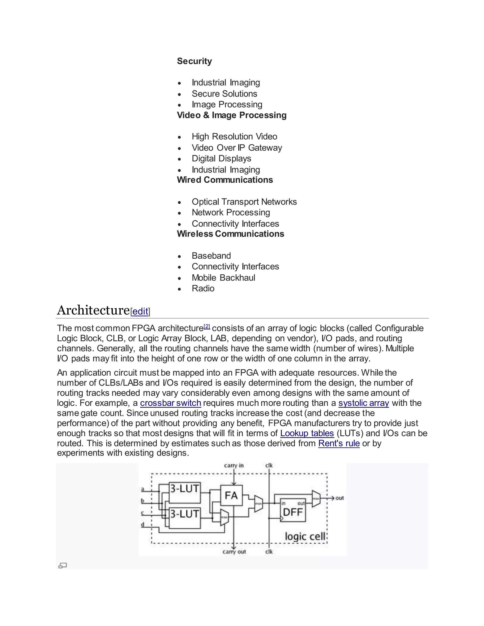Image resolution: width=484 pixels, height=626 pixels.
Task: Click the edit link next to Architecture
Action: click(140, 311)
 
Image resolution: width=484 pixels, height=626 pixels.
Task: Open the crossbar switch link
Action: click(170, 403)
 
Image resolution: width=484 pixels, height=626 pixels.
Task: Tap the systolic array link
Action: click(363, 403)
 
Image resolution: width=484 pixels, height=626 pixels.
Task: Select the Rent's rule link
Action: click(339, 443)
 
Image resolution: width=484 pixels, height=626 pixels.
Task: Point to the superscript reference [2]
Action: click(207, 326)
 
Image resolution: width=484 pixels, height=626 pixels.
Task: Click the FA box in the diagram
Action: click(231, 495)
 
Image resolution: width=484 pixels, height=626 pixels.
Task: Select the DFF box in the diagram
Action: click(293, 512)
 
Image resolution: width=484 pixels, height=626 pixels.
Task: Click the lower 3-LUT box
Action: click(184, 518)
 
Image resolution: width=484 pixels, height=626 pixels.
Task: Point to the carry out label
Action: click(234, 552)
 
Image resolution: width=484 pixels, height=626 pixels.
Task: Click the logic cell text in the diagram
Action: click(305, 536)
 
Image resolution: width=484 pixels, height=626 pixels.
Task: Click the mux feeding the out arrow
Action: click(316, 498)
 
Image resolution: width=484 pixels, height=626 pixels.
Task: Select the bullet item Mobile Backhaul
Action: click(223, 278)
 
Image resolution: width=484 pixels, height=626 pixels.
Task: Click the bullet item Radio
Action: click(203, 288)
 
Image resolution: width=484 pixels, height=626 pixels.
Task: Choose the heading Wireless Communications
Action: click(230, 234)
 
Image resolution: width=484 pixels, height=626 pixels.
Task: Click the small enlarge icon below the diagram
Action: click(62, 566)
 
